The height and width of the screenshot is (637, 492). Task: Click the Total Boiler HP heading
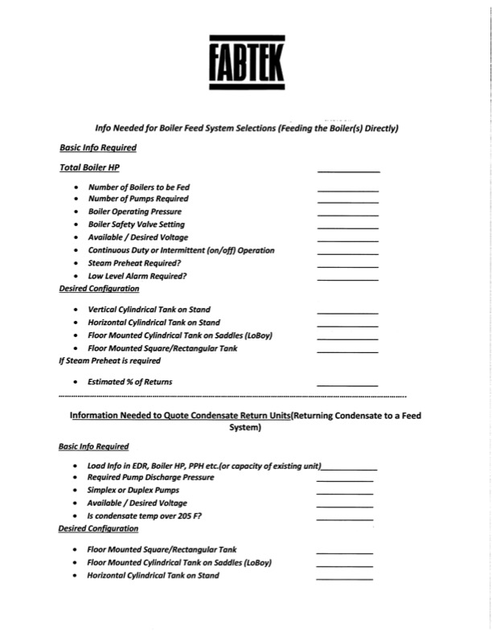coord(89,168)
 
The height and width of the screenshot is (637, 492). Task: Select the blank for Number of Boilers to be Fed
coord(347,190)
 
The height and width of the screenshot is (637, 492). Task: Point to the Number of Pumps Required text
coord(138,199)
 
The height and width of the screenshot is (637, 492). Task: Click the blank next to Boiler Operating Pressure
coord(347,215)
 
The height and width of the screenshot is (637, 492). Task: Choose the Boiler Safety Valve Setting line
coord(136,224)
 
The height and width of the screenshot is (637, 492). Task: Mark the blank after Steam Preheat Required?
coord(347,266)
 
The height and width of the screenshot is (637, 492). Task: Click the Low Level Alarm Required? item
coord(137,276)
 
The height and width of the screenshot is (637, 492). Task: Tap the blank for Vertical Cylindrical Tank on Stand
coord(347,312)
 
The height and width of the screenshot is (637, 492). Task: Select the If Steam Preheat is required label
coord(109,361)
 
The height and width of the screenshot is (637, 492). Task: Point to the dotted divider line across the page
coord(233,397)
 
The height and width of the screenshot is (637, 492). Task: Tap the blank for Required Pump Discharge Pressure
coord(344,480)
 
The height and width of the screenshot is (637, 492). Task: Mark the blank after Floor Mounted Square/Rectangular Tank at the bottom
coord(344,553)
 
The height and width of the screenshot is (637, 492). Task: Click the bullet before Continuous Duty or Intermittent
coord(76,251)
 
